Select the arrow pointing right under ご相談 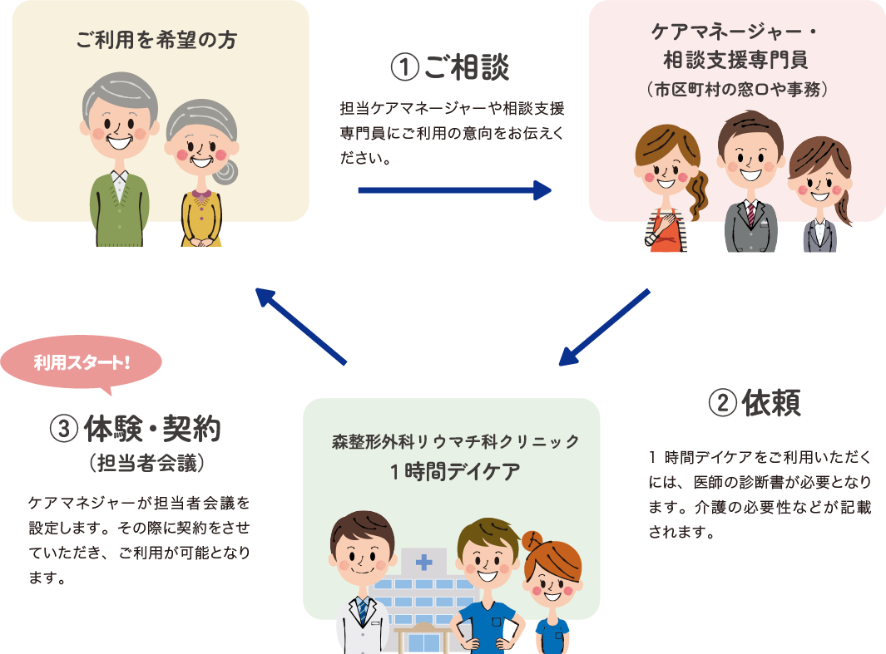(x=454, y=191)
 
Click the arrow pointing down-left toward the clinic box (x=604, y=327)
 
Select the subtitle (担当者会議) (x=146, y=464)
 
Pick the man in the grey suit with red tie (x=750, y=183)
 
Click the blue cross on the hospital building (x=425, y=562)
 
